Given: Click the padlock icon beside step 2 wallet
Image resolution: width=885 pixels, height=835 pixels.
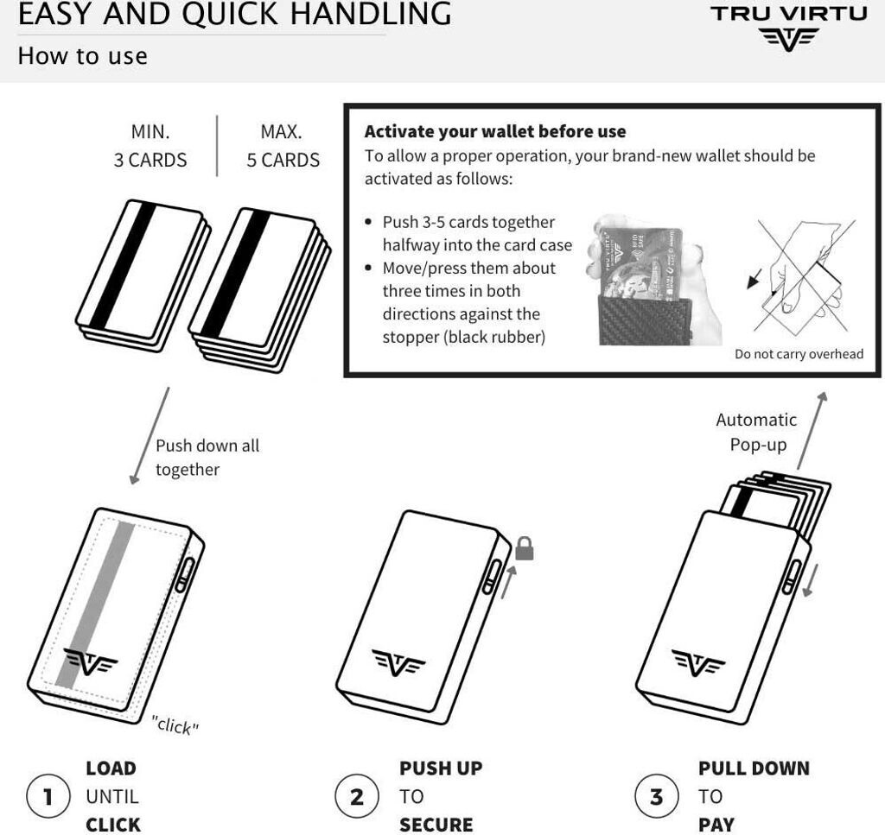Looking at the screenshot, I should click(524, 548).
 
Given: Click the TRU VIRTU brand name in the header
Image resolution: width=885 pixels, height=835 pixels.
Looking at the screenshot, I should click(788, 14).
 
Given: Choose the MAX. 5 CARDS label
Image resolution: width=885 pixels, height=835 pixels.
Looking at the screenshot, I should click(283, 147).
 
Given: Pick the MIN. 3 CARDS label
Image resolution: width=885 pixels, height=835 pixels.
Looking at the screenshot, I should click(150, 147).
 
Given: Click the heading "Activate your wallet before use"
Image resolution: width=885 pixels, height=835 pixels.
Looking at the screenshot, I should click(494, 132).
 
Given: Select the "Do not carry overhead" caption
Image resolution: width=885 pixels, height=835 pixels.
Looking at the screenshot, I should click(799, 354).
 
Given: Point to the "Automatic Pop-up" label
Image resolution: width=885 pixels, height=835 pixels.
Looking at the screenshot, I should click(756, 432).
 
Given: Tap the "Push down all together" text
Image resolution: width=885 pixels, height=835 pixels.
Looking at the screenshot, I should click(207, 458).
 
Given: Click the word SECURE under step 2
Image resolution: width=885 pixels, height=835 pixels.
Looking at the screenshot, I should click(436, 825).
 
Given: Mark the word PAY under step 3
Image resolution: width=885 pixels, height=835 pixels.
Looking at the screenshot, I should click(716, 825).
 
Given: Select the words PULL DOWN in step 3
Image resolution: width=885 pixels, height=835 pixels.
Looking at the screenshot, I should click(754, 769).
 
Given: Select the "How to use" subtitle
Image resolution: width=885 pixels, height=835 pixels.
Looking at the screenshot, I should click(82, 56).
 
